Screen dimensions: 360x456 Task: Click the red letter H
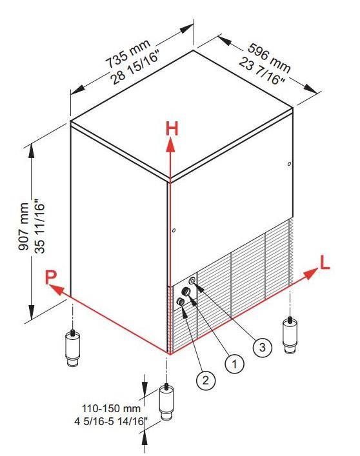pos(172,129)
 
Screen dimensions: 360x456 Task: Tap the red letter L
pos(325,262)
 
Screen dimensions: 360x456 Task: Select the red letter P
pos(50,277)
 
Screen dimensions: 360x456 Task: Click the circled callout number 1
pos(234,363)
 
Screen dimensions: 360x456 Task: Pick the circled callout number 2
pos(206,380)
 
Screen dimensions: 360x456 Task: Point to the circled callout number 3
pos(263,347)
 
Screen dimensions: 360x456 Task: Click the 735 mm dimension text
pos(128,54)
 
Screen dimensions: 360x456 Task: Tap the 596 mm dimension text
pos(269,58)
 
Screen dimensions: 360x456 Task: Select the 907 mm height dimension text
pos(24,227)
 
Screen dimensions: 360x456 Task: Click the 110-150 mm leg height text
pos(111,408)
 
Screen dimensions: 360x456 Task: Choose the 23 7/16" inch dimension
pos(261,72)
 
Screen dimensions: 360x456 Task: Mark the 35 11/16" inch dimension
pos(40,226)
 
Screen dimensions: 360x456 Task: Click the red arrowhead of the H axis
pos(170,145)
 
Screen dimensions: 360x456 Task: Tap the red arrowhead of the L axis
pos(310,273)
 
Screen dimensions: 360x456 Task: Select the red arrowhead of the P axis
pos(56,290)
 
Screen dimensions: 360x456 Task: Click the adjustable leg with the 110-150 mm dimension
pos(166,402)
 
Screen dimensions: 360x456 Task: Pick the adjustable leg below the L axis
pos(290,335)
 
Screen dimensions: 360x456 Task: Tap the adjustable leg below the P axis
pos(72,348)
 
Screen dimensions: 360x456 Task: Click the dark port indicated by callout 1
pos(186,292)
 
